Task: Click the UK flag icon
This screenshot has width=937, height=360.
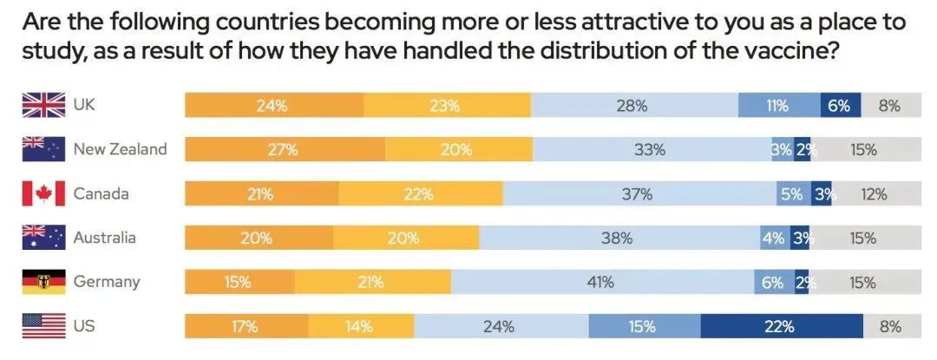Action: pos(43,105)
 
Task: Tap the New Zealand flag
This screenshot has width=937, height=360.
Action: pos(43,149)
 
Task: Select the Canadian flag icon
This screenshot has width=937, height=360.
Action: pos(43,193)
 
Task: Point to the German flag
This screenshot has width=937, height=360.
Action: pos(43,282)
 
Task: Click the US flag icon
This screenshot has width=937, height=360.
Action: pos(43,326)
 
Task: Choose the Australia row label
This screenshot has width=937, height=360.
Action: pos(104,238)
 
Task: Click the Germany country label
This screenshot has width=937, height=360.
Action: pos(107,282)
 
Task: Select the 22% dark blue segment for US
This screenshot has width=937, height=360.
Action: pos(781,327)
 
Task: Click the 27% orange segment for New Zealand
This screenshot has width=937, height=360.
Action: pos(284,149)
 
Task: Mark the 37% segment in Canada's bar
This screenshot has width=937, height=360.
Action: pos(638,193)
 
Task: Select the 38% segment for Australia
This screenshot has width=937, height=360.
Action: pos(619,238)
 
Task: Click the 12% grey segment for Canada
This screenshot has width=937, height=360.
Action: pos(873,193)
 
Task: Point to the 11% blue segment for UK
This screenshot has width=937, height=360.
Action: pos(778,106)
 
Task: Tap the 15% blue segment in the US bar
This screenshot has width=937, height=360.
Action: pos(643,327)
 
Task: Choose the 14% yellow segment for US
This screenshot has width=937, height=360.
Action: pos(359,327)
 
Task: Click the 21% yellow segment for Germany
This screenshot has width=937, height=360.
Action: pos(372,282)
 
